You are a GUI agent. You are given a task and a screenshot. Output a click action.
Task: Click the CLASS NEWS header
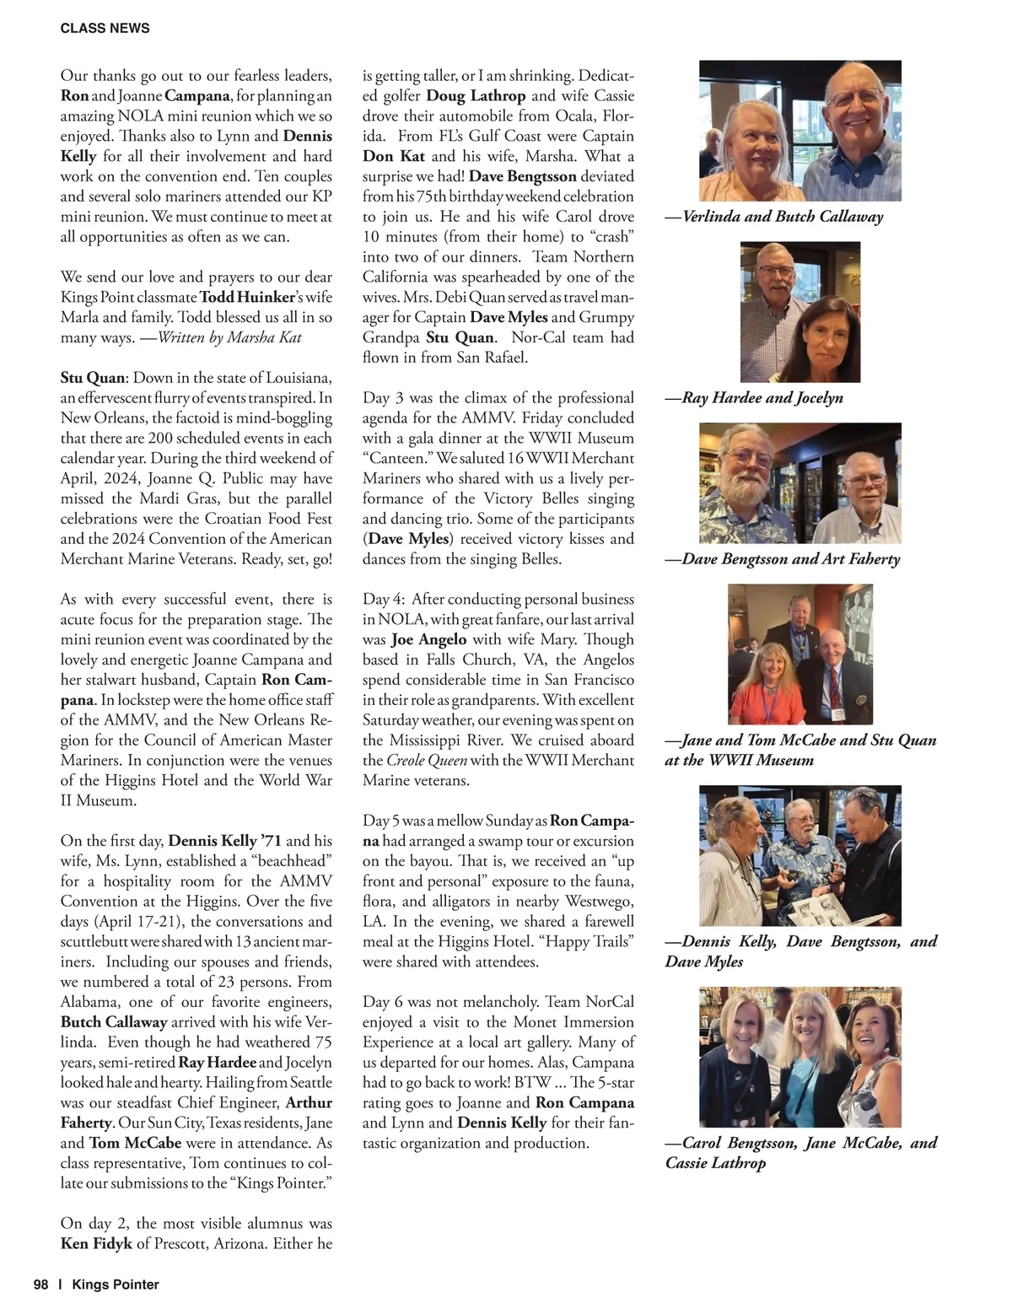click(105, 28)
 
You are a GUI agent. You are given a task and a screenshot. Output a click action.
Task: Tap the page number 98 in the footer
click(40, 1284)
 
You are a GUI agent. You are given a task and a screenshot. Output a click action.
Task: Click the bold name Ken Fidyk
click(96, 1243)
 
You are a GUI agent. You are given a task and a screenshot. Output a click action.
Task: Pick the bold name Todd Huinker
click(247, 297)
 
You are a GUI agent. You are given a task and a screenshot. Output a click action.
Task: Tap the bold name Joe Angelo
click(428, 639)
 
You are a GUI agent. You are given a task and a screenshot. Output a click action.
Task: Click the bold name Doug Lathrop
click(476, 96)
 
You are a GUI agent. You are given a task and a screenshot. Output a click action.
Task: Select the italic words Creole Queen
click(425, 761)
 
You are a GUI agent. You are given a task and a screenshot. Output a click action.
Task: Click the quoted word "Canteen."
click(396, 458)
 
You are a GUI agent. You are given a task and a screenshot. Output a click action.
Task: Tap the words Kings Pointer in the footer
click(116, 1284)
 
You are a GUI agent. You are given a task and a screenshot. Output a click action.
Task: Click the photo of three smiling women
click(799, 1057)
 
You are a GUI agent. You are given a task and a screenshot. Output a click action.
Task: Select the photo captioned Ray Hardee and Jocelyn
click(799, 312)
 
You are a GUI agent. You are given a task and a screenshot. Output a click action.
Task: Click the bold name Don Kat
click(394, 156)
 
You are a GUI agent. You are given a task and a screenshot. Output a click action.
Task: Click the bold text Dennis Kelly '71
click(225, 841)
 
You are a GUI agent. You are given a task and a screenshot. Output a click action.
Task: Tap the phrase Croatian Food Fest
click(271, 519)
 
